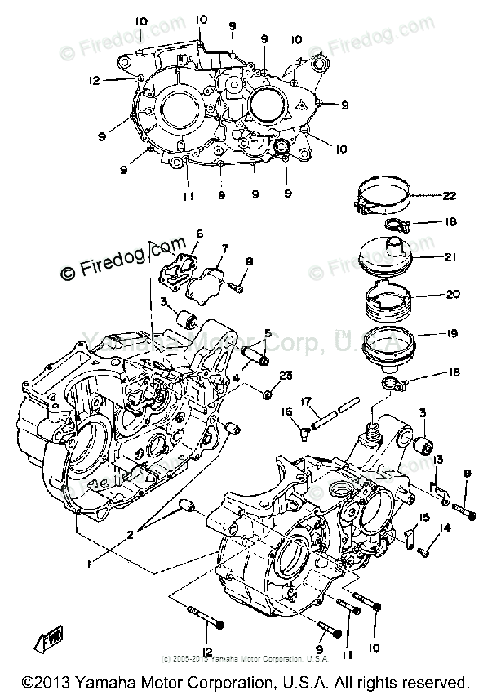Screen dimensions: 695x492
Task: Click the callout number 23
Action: [286, 376]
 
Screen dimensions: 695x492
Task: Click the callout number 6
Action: [199, 234]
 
